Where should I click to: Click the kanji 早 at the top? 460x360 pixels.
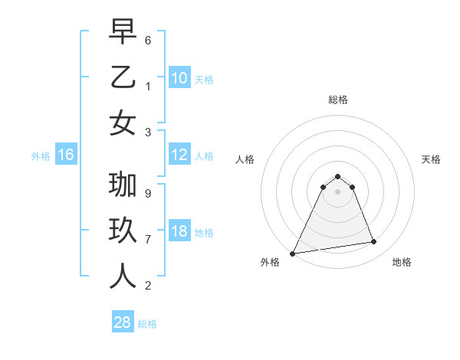(123, 33)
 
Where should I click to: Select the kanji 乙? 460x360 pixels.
(123, 77)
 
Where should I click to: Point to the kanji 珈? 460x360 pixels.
(123, 185)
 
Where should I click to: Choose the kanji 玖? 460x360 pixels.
(123, 231)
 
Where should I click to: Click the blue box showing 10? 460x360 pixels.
(179, 77)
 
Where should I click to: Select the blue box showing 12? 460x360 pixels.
(179, 155)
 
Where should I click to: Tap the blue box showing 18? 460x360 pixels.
(179, 231)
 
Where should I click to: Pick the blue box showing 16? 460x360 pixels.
(65, 155)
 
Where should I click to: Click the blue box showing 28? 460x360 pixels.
(122, 322)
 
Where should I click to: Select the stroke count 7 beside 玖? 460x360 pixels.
(148, 239)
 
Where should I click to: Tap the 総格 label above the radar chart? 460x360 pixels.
(337, 100)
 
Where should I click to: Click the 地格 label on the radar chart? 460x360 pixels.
(402, 262)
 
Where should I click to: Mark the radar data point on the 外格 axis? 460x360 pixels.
(292, 254)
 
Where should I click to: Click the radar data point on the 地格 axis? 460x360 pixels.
(374, 242)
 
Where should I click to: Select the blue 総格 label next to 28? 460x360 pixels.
(147, 324)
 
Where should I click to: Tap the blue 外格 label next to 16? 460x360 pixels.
(40, 156)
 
